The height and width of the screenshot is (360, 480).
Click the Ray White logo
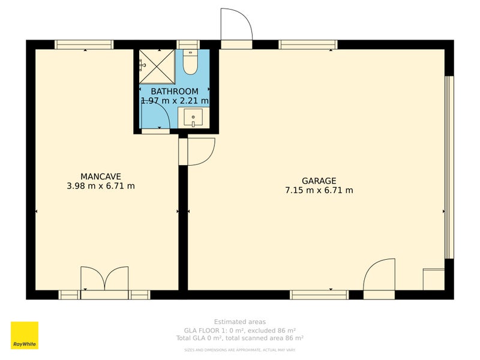(25, 335)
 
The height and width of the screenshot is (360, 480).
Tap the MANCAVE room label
(101, 176)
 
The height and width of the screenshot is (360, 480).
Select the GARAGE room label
(319, 181)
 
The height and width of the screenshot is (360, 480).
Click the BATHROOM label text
(174, 91)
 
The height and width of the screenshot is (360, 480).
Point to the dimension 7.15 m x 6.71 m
(319, 191)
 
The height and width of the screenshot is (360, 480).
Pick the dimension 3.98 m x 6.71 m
(101, 186)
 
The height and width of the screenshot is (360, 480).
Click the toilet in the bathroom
(190, 62)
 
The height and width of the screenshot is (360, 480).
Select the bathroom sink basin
(193, 117)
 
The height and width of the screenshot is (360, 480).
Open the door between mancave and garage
(198, 151)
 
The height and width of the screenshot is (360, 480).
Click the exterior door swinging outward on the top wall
(236, 27)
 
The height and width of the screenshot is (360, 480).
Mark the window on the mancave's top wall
(84, 44)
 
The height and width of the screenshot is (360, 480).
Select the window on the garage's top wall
(308, 44)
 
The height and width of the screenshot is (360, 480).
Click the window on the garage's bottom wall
(319, 295)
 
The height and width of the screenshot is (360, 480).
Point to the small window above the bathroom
(188, 44)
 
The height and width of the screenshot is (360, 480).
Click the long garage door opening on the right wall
(449, 167)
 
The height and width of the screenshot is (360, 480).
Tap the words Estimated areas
(239, 322)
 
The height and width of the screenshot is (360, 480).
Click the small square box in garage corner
(434, 280)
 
